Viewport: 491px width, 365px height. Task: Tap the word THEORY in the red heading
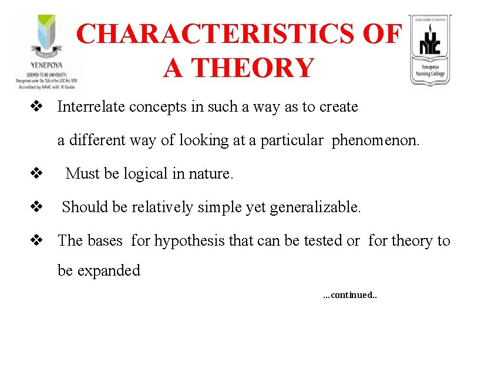(x=256, y=68)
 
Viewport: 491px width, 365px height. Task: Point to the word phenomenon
(x=375, y=140)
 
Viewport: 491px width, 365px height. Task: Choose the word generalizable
(x=315, y=207)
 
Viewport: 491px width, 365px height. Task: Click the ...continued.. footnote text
(x=350, y=295)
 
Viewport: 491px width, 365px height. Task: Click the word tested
(x=323, y=241)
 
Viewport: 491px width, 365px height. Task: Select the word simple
(x=221, y=207)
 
